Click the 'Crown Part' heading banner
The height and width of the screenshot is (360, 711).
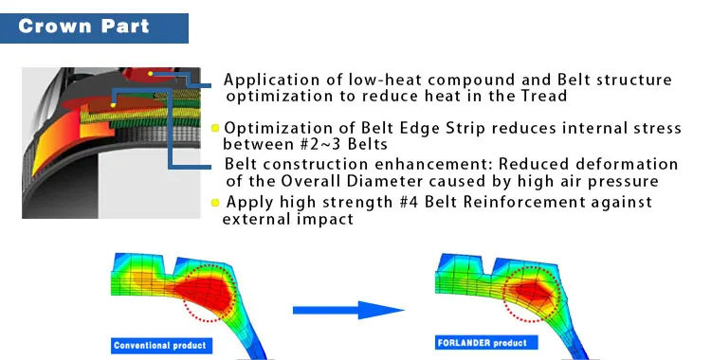click(x=94, y=28)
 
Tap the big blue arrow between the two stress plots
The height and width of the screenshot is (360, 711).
click(x=348, y=310)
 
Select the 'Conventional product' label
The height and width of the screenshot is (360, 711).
click(x=161, y=346)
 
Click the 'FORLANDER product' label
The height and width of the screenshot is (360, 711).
click(x=486, y=343)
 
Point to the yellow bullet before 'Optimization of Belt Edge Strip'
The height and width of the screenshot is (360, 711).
click(x=215, y=128)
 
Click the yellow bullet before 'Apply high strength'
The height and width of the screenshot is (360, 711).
click(x=215, y=203)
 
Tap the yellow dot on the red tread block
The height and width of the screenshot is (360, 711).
click(x=151, y=74)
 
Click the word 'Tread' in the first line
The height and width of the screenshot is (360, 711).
click(x=544, y=96)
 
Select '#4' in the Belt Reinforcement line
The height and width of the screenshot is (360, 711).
click(x=410, y=202)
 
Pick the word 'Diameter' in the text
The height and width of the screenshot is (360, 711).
click(x=386, y=181)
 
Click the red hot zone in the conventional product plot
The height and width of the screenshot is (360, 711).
click(x=202, y=294)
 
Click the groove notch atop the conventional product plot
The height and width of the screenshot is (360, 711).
click(x=170, y=266)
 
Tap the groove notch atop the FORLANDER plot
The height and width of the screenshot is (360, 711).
click(x=487, y=265)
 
